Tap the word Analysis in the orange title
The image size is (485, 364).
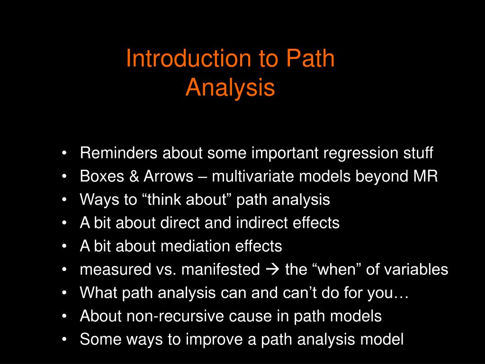230,88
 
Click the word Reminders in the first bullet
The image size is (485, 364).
119,154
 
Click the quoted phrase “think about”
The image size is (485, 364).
186,200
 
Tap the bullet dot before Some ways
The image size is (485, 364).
64,339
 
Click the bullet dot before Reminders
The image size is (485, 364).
64,154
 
